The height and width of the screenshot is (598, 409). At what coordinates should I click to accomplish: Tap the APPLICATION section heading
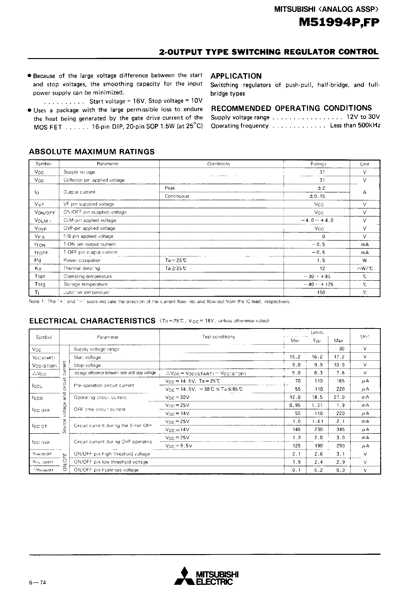(x=236, y=76)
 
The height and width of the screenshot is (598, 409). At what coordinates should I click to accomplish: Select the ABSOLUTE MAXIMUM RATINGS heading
(x=92, y=152)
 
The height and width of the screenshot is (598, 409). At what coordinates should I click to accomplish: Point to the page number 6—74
(x=38, y=583)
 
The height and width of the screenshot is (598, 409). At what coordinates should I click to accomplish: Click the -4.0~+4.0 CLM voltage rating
(x=317, y=220)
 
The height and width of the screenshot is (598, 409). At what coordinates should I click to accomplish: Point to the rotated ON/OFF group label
(x=65, y=462)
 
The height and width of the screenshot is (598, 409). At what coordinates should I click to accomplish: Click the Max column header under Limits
(x=338, y=340)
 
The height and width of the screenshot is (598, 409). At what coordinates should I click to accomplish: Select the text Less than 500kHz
(x=355, y=126)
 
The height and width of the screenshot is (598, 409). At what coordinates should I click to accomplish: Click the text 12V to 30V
(x=363, y=117)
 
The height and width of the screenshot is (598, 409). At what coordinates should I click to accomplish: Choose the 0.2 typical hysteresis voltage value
(x=318, y=470)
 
